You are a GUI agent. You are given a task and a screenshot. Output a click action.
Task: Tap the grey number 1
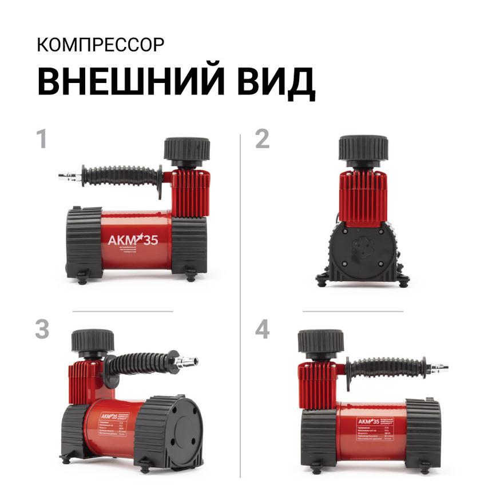tap(41, 140)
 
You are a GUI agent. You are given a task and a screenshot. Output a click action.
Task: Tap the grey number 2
tap(262, 140)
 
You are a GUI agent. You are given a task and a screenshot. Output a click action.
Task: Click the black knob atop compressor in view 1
tap(187, 149)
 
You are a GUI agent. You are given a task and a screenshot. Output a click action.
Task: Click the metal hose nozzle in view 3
tap(188, 361)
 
